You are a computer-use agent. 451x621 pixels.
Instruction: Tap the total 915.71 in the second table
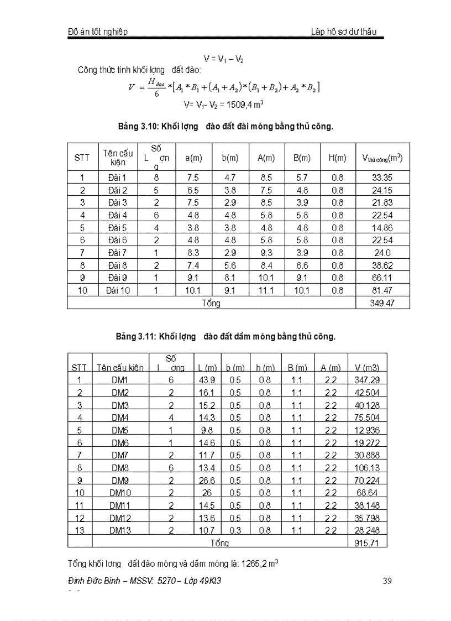(x=367, y=543)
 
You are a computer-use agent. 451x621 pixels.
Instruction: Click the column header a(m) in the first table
(x=193, y=158)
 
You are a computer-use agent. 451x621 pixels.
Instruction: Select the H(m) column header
(x=337, y=158)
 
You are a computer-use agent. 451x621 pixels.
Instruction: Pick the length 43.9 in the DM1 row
(x=206, y=380)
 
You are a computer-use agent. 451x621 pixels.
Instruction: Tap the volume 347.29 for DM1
(x=367, y=380)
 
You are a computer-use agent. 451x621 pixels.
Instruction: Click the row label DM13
(x=120, y=530)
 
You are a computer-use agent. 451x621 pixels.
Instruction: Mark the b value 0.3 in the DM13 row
(x=235, y=530)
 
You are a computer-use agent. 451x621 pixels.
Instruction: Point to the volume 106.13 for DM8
(x=367, y=468)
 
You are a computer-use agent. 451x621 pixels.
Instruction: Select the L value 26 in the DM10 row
(x=206, y=493)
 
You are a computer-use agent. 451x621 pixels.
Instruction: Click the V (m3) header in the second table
(x=367, y=368)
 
